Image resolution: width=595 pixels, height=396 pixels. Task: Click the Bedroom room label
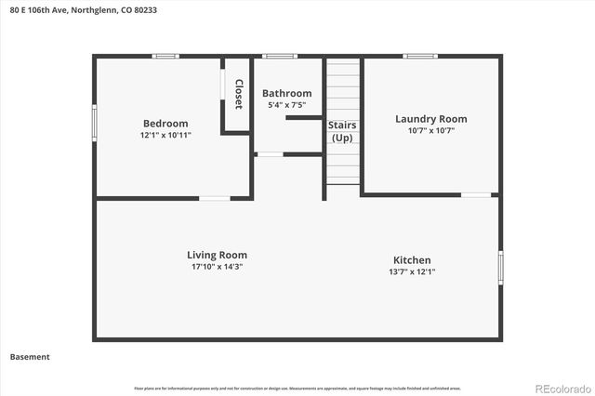(165, 124)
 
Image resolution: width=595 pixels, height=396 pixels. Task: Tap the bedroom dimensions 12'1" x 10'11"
(165, 135)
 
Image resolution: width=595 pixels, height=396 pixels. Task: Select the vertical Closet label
(238, 94)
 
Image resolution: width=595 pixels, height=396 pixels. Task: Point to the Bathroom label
(286, 93)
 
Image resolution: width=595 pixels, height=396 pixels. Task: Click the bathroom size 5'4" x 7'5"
(286, 104)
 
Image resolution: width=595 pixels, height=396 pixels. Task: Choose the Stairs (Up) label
(342, 131)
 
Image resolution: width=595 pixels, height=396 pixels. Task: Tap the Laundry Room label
(430, 119)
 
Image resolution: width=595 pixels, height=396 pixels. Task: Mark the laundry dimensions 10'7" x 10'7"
(430, 130)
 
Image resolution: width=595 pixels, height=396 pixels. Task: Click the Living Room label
(217, 255)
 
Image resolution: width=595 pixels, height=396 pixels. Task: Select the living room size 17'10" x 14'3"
(217, 266)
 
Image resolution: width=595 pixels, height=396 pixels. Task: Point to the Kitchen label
(411, 260)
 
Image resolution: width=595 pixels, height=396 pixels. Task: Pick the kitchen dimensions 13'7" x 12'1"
(411, 271)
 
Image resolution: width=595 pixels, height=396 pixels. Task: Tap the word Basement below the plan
(30, 356)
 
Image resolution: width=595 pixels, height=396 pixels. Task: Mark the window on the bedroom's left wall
(94, 123)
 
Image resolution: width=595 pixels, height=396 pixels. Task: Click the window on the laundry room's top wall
(419, 57)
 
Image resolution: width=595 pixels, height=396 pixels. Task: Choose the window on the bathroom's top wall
(279, 57)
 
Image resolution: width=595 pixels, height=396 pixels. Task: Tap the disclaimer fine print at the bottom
(297, 388)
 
